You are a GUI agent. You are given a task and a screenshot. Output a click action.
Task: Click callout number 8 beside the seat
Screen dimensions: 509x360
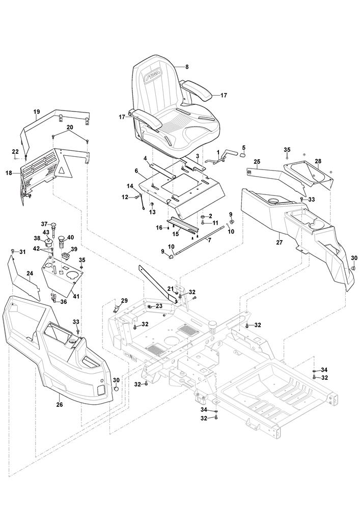pos(187,67)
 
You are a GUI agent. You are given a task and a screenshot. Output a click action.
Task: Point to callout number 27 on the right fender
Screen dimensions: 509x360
pos(279,242)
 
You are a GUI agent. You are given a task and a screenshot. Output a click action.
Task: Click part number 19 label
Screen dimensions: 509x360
pos(37,111)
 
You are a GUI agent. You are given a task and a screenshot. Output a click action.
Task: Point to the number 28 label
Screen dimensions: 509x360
pos(318,161)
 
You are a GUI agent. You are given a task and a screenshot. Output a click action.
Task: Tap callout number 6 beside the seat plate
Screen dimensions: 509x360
pos(137,171)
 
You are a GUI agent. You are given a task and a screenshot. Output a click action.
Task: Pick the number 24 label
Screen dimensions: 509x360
pos(30,274)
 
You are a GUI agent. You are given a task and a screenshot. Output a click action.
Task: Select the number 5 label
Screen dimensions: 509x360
pos(243,148)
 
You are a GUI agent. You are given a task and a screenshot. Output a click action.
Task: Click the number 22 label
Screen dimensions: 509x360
pos(15,151)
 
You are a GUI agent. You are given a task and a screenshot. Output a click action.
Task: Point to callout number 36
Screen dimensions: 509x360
pos(64,301)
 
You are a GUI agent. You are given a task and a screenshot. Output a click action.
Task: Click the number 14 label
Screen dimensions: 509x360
pos(130,186)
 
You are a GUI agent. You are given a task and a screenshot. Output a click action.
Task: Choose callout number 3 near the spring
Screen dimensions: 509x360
pos(197,156)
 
